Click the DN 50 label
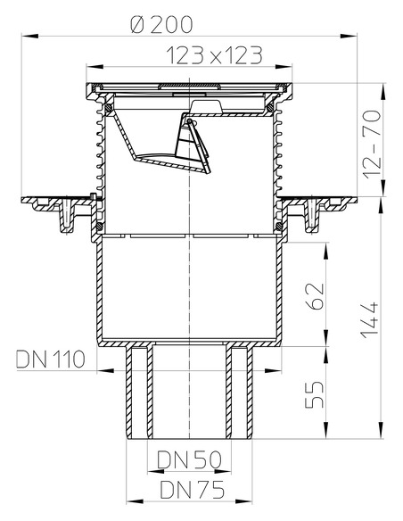[188, 461]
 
